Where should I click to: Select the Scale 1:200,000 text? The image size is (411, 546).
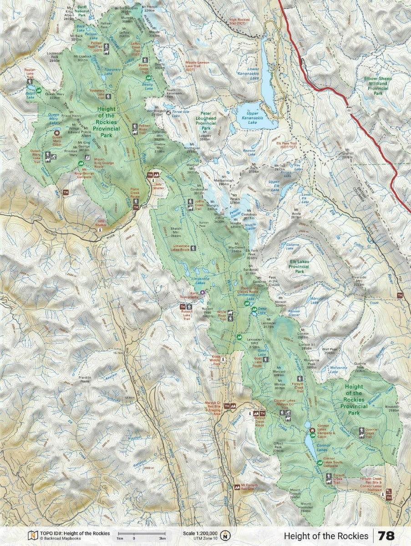(x=200, y=533)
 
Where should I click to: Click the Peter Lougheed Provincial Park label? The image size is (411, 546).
(x=206, y=123)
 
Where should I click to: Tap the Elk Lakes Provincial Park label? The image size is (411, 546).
(x=299, y=266)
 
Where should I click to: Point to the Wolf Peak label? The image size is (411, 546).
(x=330, y=351)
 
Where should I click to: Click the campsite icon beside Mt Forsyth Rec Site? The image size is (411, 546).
(x=237, y=486)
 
